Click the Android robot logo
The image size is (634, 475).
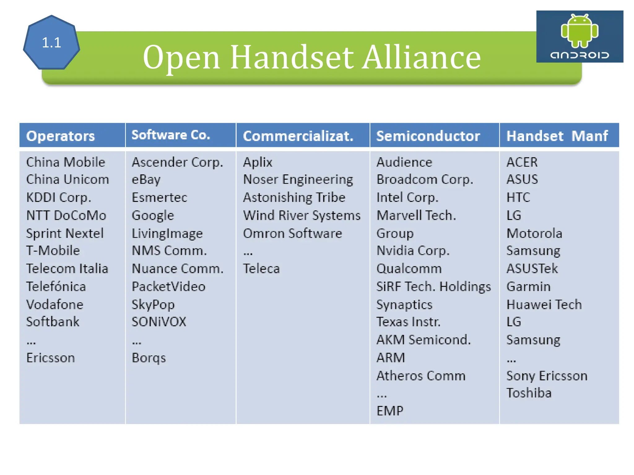[x=579, y=31]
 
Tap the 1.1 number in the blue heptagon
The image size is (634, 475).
[x=51, y=43]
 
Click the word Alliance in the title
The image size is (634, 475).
[x=422, y=57]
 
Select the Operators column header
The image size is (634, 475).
[x=60, y=136]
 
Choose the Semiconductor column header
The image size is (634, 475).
[x=428, y=136]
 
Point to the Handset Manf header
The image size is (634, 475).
[x=557, y=136]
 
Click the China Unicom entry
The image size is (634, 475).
[x=67, y=180]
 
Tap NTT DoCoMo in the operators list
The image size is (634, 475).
[x=66, y=216]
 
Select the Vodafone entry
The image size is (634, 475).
[x=55, y=305]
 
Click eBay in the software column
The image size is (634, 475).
[x=146, y=180]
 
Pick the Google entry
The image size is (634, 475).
[x=153, y=216]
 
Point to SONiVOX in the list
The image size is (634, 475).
[x=159, y=322]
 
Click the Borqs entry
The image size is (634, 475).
[x=149, y=358]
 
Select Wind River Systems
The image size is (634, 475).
[x=302, y=216]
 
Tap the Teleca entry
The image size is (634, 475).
[x=261, y=269]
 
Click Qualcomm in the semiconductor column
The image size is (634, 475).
[x=409, y=269]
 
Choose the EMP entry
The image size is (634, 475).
[x=390, y=411]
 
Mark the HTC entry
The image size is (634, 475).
[x=518, y=197]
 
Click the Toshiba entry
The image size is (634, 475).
[x=529, y=393]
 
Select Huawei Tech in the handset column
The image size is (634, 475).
[x=544, y=305]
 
